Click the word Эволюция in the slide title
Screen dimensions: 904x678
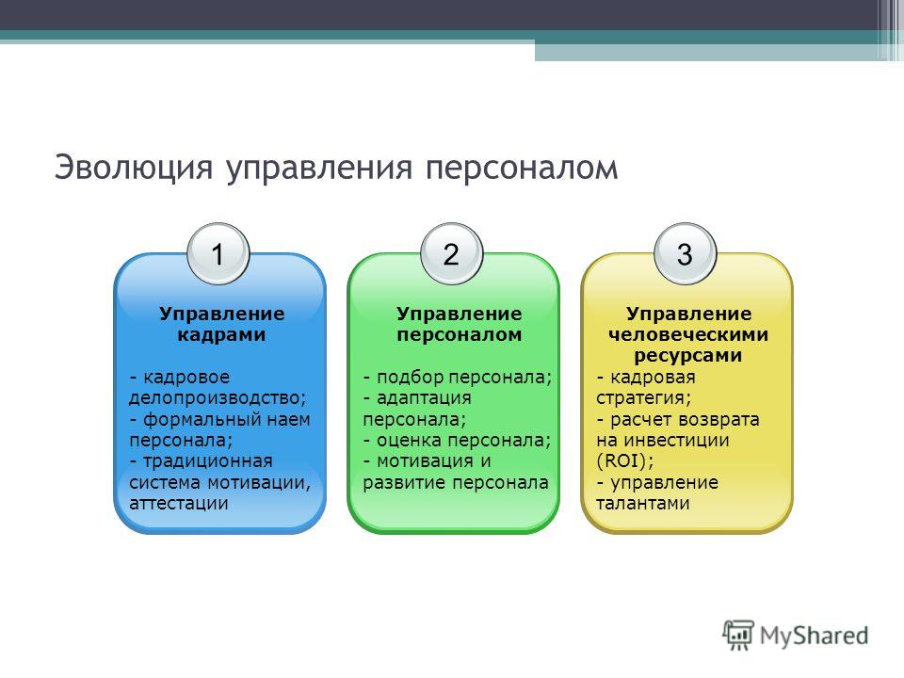coord(134,168)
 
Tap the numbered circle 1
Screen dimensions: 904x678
coord(218,254)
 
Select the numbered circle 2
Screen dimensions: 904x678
coord(451,254)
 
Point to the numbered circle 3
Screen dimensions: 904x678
coord(685,254)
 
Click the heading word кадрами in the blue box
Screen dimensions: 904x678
coord(221,335)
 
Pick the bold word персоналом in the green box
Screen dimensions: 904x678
coord(460,335)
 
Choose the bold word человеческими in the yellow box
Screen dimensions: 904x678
coord(688,335)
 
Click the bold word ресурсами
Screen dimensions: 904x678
coord(687,356)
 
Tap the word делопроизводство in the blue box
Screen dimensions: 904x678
coord(215,398)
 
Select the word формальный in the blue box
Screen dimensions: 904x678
coord(198,419)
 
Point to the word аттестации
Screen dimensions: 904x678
coord(179,503)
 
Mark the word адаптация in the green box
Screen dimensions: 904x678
coord(424,398)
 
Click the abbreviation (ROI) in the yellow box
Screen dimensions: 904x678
coord(622,461)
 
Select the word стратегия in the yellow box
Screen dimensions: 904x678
coord(640,398)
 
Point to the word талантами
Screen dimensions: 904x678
coord(643,503)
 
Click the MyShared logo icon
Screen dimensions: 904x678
coord(738,636)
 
